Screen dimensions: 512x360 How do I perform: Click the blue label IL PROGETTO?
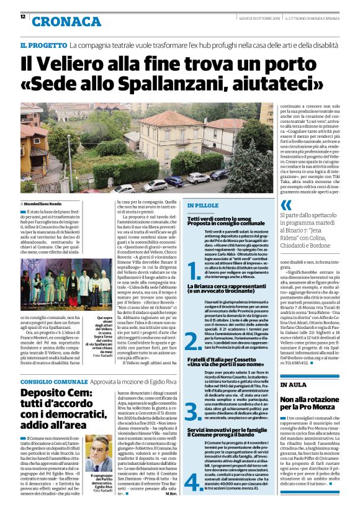pos(43,45)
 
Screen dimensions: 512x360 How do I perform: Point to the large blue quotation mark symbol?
pos(286,205)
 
